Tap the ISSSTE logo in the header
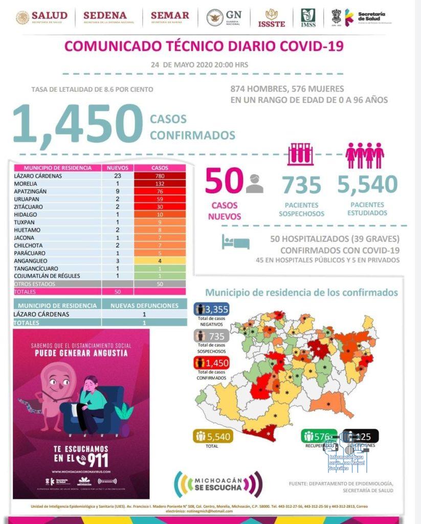coord(271,18)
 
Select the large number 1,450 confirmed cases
coord(77,124)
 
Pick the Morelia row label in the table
coord(28,184)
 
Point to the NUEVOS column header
coord(117,168)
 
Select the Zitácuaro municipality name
coord(30,207)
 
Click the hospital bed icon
coord(235,242)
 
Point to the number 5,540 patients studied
coord(367,184)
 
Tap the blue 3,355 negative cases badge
coord(211,309)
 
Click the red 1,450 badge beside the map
coord(211,363)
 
